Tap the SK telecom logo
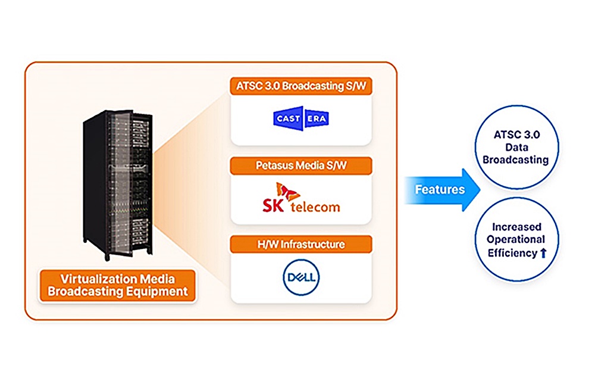pyautogui.click(x=301, y=199)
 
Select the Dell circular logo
pyautogui.click(x=301, y=277)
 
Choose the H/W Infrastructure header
pyautogui.click(x=301, y=244)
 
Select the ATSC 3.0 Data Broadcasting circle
pyautogui.click(x=515, y=148)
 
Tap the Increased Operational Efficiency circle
pyautogui.click(x=515, y=240)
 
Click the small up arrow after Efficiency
pyautogui.click(x=543, y=253)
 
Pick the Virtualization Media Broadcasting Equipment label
pyautogui.click(x=117, y=285)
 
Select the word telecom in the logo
pyautogui.click(x=315, y=207)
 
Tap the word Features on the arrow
pyautogui.click(x=440, y=190)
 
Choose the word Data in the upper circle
pyautogui.click(x=515, y=148)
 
